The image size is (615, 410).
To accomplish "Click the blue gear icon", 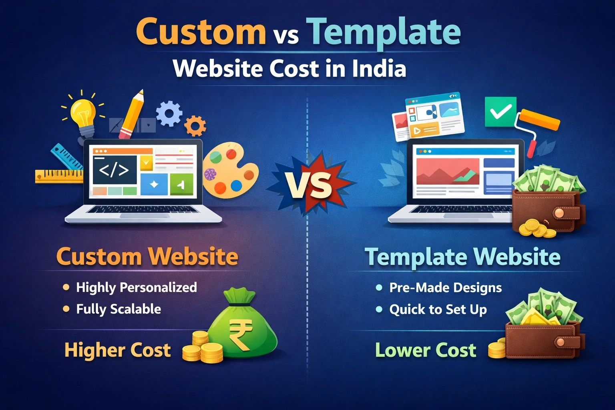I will (x=169, y=113).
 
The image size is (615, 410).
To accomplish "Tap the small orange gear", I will (x=195, y=126).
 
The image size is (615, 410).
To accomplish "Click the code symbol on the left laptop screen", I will (x=114, y=170).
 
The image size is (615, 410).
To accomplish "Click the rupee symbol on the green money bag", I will (x=241, y=334).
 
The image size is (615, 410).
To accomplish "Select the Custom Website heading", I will (x=147, y=257).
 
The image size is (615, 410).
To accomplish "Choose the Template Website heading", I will (x=462, y=257).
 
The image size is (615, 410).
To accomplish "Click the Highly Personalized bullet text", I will (x=136, y=287).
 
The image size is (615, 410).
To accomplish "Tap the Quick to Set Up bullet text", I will (x=438, y=310).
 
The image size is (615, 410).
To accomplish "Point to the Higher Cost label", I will (x=117, y=350).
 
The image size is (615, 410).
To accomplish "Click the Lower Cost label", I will (x=425, y=350).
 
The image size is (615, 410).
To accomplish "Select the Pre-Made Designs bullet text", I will (x=445, y=287).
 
